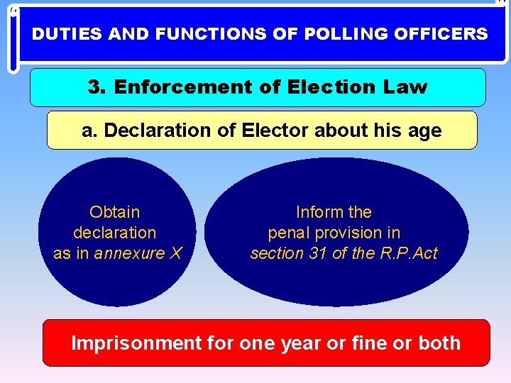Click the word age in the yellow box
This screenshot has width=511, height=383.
click(x=424, y=131)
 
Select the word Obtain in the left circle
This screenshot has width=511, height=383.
click(x=115, y=212)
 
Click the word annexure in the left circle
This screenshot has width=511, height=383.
click(x=131, y=253)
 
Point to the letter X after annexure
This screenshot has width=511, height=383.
click(x=176, y=253)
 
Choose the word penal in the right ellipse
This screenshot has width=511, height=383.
click(x=288, y=233)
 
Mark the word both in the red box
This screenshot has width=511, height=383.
click(x=439, y=343)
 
